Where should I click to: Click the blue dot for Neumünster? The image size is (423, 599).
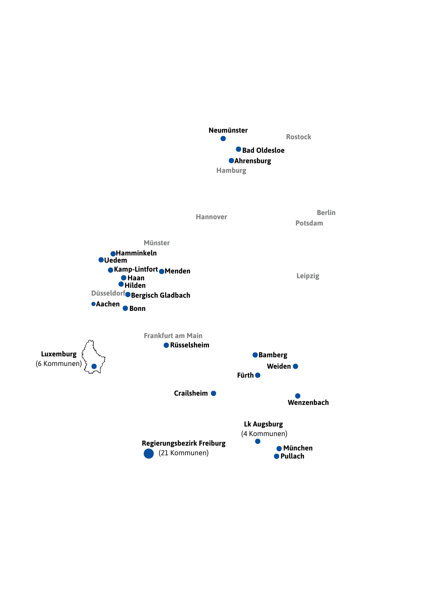click(223, 138)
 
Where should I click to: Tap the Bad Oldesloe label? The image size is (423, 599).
click(263, 150)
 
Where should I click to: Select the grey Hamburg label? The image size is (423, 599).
click(231, 170)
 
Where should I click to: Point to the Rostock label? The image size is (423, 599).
click(299, 137)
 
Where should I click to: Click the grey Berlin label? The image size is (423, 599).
click(326, 213)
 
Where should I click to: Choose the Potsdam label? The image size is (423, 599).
click(309, 223)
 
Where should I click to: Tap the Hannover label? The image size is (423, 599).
click(211, 217)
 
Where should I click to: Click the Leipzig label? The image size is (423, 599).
click(308, 276)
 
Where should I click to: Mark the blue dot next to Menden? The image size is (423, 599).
click(162, 271)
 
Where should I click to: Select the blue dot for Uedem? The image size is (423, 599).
click(101, 260)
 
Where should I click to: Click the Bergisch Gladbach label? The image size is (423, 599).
click(160, 295)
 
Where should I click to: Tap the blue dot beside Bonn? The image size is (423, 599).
click(125, 308)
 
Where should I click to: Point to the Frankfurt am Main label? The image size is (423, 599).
click(173, 336)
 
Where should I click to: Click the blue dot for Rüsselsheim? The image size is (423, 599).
click(166, 345)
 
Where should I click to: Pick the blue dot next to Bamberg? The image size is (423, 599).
click(255, 355)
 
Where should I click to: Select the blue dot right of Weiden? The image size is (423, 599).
click(295, 366)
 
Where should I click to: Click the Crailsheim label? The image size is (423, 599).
click(191, 393)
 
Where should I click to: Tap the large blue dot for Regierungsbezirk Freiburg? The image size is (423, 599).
click(149, 453)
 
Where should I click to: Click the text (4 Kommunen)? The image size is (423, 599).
click(264, 434)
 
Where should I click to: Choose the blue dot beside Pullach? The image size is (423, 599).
click(277, 456)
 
